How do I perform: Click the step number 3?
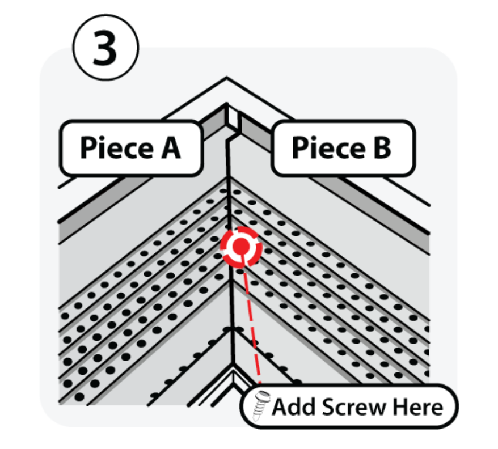(x=105, y=48)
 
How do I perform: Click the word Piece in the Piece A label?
(x=117, y=148)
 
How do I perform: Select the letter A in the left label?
(x=171, y=148)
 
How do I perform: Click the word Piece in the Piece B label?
(x=328, y=148)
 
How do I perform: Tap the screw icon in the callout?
(x=261, y=405)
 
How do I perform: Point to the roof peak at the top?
(x=226, y=77)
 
